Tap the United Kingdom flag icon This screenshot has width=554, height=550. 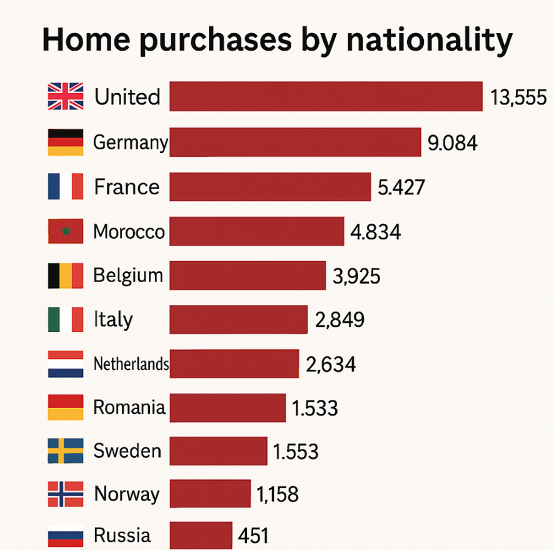(66, 97)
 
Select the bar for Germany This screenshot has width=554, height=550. (295, 142)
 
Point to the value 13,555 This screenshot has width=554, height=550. (519, 97)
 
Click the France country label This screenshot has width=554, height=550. (127, 187)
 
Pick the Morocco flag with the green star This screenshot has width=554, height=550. (66, 231)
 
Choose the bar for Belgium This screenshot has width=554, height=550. (248, 276)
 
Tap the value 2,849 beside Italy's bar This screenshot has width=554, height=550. (340, 320)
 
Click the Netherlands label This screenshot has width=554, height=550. (131, 364)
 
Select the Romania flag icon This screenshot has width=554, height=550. (66, 407)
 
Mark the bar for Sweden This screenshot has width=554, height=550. (218, 451)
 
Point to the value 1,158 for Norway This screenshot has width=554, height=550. (278, 495)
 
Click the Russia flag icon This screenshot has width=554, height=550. (66, 536)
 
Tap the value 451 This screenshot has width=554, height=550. (253, 536)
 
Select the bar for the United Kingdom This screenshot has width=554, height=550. (326, 96)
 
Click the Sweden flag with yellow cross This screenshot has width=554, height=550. (66, 451)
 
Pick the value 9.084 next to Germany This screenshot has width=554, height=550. (453, 143)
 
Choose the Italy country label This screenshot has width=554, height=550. (113, 319)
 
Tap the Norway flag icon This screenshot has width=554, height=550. (66, 495)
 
